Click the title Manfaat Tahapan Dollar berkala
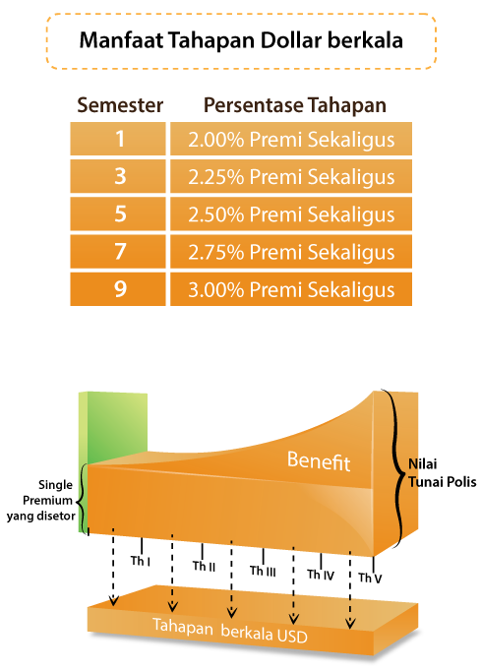pyautogui.click(x=241, y=40)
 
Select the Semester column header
pyautogui.click(x=120, y=105)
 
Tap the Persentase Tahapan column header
pyautogui.click(x=294, y=105)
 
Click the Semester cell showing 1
pyautogui.click(x=118, y=139)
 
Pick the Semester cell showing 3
pyautogui.click(x=118, y=176)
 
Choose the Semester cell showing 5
pyautogui.click(x=118, y=213)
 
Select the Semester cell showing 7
pyautogui.click(x=118, y=251)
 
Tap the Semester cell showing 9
pyautogui.click(x=118, y=289)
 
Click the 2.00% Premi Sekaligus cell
pyautogui.click(x=291, y=139)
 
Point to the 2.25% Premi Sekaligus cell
pyautogui.click(x=291, y=176)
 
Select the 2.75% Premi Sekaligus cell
pyautogui.click(x=291, y=251)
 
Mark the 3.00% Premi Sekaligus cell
pyautogui.click(x=291, y=289)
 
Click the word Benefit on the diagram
pyautogui.click(x=319, y=460)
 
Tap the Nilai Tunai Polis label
pyautogui.click(x=442, y=473)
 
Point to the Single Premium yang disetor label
pyautogui.click(x=41, y=500)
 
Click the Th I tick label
pyautogui.click(x=141, y=561)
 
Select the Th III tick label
pyautogui.click(x=263, y=571)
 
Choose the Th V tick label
pyautogui.click(x=370, y=579)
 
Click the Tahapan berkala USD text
pyautogui.click(x=230, y=631)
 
